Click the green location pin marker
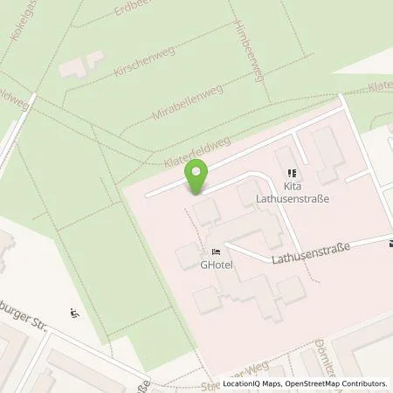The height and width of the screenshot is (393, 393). click(x=198, y=178)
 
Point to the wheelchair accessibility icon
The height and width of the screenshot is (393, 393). click(x=73, y=314)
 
